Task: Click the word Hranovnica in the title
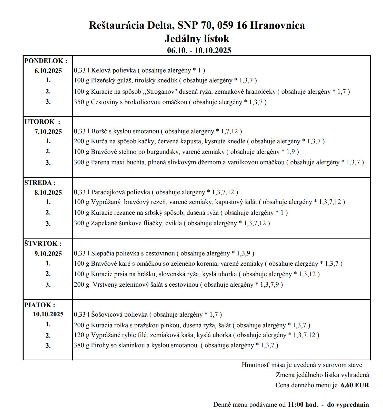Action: (x=277, y=25)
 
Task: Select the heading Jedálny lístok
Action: (x=197, y=39)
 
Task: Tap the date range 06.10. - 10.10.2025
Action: (x=199, y=50)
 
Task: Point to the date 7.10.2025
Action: (x=48, y=132)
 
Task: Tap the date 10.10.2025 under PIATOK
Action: (x=48, y=314)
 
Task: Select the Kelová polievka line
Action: (x=139, y=70)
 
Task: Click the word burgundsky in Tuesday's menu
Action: (x=163, y=152)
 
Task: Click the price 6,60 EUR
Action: (x=355, y=385)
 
